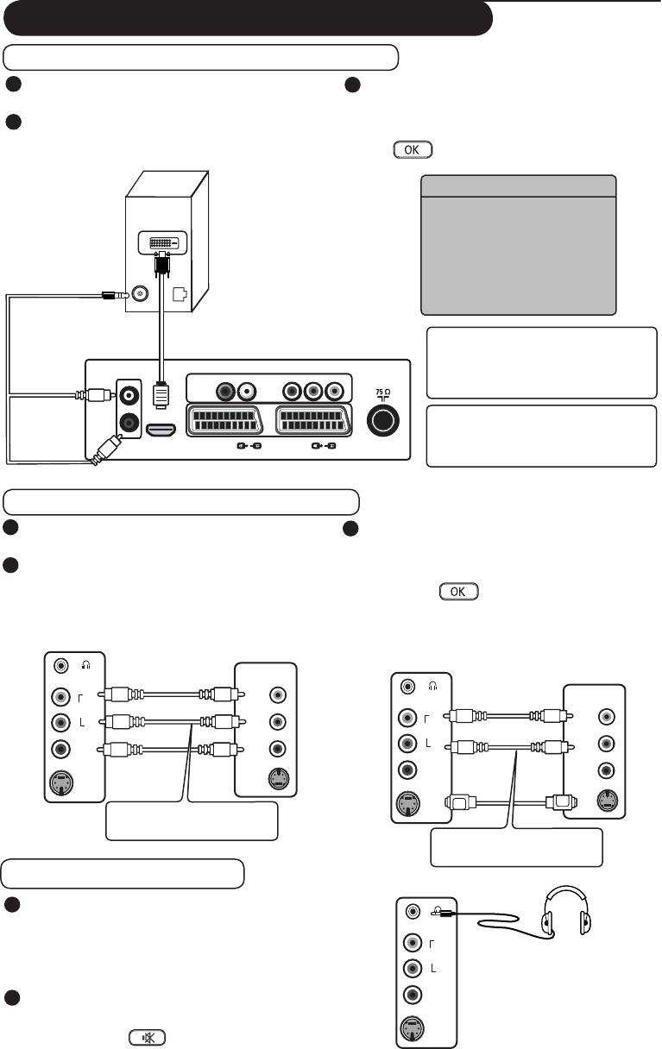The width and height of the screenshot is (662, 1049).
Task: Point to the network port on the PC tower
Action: pyautogui.click(x=180, y=293)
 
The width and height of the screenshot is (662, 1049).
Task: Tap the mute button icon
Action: pyautogui.click(x=148, y=1038)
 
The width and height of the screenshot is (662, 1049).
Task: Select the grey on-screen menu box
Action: pyautogui.click(x=518, y=245)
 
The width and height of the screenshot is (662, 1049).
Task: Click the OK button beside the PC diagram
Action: pyautogui.click(x=412, y=149)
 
